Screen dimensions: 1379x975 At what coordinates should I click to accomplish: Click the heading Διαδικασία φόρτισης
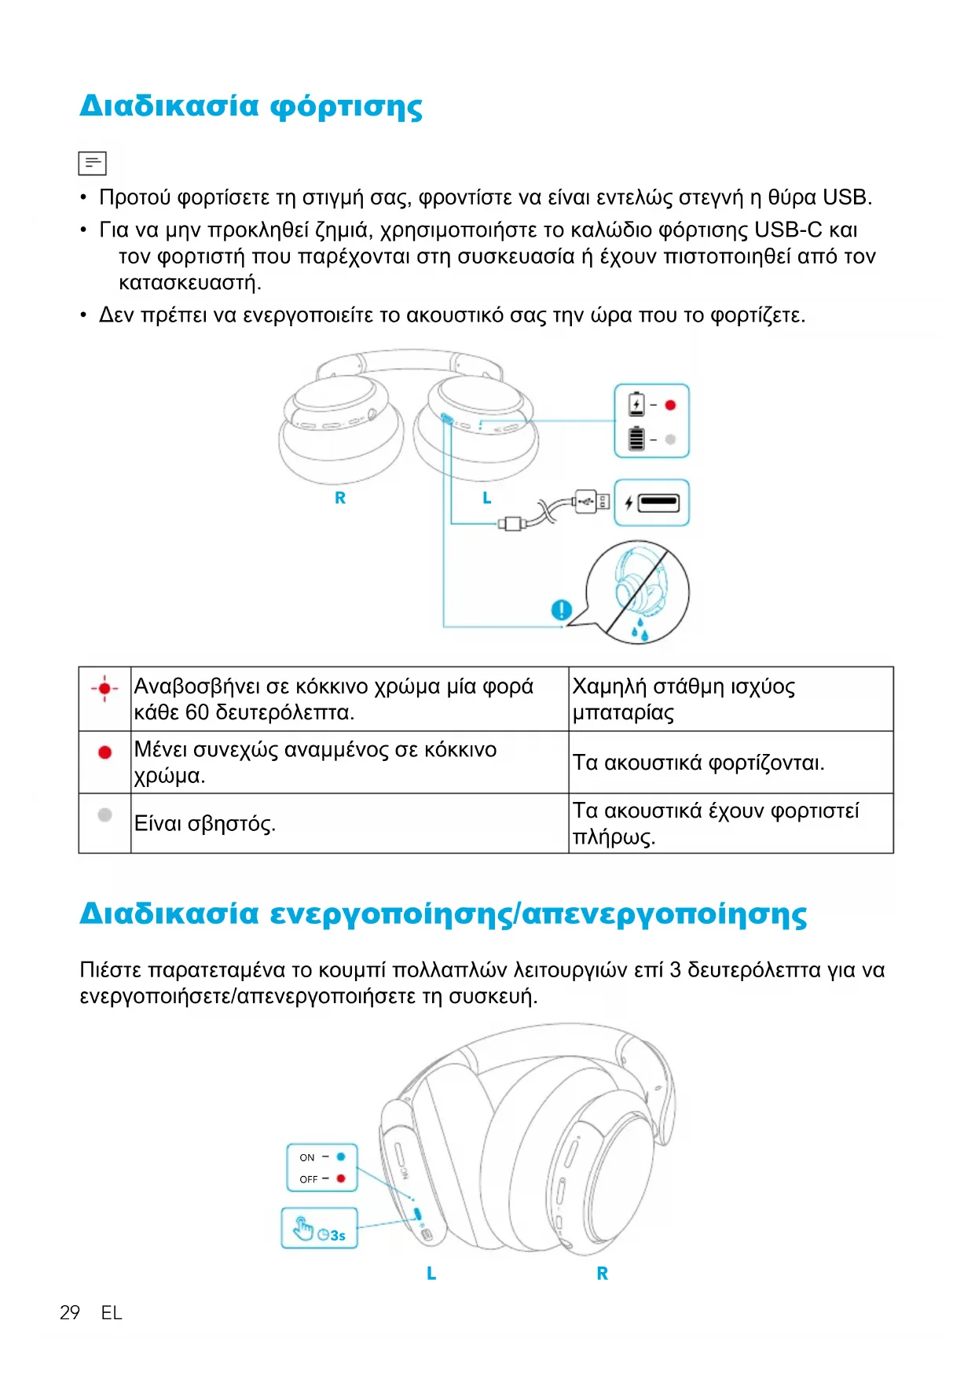pos(251,106)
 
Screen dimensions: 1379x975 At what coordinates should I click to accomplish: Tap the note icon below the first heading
pos(92,163)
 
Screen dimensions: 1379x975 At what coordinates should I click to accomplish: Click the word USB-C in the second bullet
pos(788,230)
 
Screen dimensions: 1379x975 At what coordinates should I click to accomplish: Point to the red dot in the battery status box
pos(670,405)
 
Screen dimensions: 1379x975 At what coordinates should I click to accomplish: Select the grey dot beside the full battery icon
pos(670,439)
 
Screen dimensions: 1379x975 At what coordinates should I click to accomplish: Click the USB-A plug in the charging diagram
pos(591,501)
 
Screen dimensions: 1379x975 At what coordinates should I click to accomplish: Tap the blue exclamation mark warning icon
pos(561,609)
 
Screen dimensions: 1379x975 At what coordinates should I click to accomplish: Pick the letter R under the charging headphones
pos(340,498)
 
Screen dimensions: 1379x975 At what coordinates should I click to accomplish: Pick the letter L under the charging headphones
pos(487,498)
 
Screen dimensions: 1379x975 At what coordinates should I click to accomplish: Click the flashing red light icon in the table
pos(104,688)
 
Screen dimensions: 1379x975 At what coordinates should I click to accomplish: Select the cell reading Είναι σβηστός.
pos(205,823)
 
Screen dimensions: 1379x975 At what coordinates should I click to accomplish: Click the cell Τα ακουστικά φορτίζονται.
pos(698,763)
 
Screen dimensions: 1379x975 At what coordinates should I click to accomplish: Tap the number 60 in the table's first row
pos(197,712)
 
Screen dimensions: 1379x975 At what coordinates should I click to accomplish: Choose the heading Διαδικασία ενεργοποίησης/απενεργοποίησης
pos(443,914)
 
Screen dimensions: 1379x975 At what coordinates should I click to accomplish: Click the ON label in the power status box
pos(306,1157)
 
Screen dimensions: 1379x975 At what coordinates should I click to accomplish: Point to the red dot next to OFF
pos(341,1179)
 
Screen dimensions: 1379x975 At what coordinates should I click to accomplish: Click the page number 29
pos(70,1312)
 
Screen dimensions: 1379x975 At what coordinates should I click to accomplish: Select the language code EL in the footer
pos(112,1312)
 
